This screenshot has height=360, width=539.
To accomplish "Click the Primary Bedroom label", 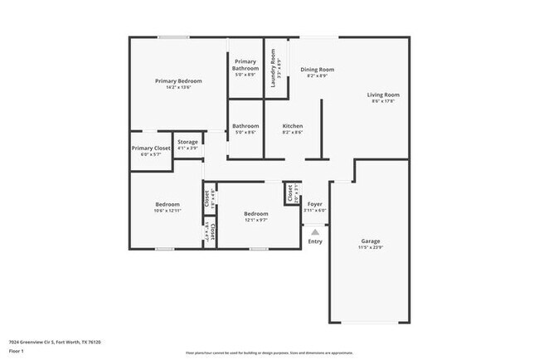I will click(179, 81).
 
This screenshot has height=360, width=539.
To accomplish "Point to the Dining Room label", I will click(317, 70).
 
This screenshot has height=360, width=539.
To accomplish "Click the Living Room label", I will click(383, 95).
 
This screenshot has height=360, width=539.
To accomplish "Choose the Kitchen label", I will click(293, 126).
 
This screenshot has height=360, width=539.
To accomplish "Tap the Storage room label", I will click(187, 142).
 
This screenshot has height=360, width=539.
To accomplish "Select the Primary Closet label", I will click(150, 148).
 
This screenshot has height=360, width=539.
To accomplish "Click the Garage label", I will click(371, 241).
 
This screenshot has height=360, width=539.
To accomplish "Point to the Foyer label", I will click(315, 203).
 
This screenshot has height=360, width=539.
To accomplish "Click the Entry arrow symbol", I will click(315, 233).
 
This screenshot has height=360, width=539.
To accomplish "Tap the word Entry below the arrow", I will click(315, 241).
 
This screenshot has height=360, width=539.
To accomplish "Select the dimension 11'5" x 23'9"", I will click(371, 248).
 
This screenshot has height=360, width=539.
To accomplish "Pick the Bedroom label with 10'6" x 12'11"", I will click(168, 204).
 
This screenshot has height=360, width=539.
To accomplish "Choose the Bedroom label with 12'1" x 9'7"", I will click(255, 214).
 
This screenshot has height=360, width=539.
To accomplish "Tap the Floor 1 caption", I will click(17, 351).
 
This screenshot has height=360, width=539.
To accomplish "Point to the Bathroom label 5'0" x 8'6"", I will click(245, 126).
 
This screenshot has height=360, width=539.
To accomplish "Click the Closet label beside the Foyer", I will click(289, 193).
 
